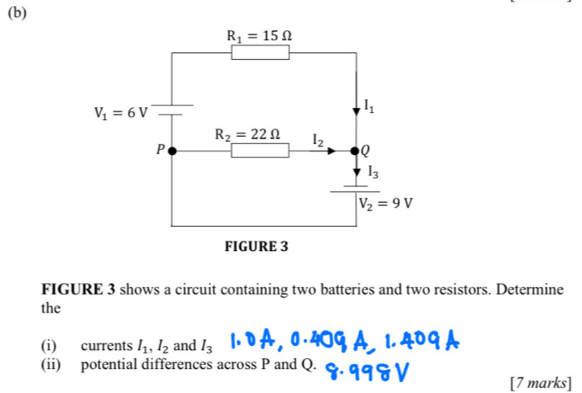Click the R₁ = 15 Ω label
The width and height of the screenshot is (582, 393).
click(264, 35)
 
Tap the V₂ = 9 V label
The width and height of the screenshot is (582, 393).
click(386, 204)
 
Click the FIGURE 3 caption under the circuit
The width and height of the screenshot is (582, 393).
click(257, 247)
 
